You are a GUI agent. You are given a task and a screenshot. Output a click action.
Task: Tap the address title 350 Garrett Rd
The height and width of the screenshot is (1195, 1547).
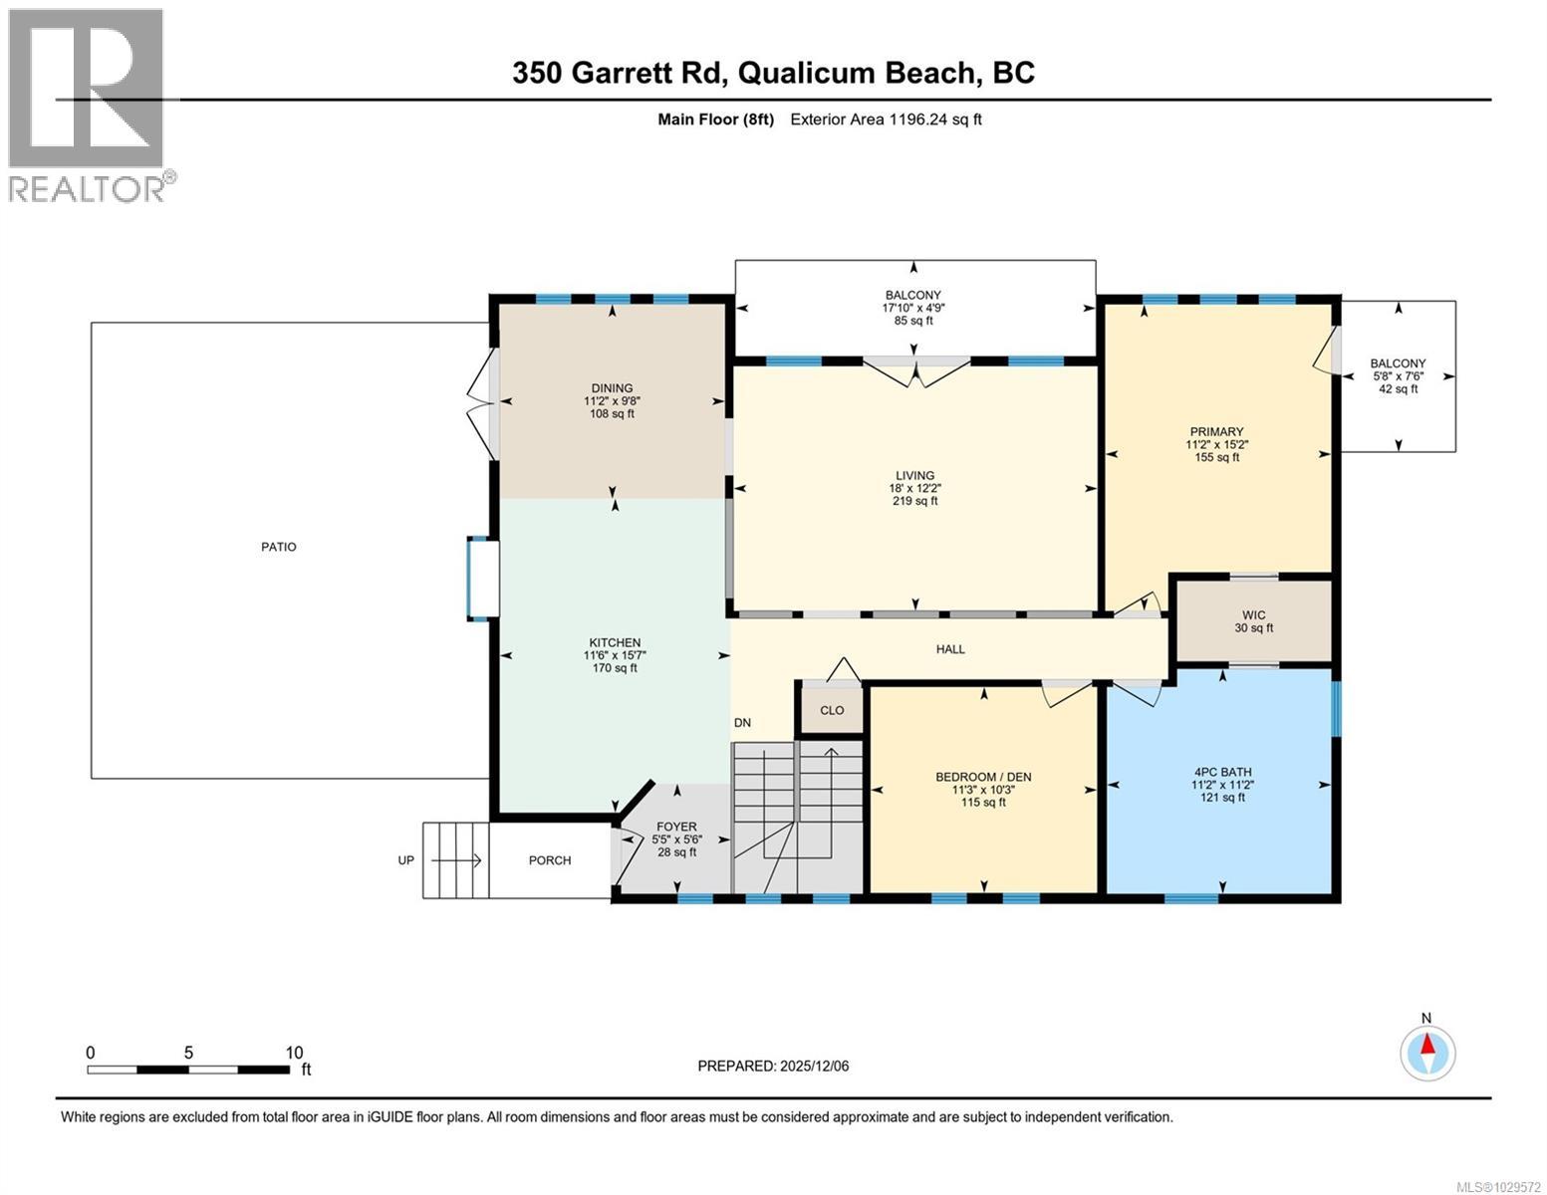773,73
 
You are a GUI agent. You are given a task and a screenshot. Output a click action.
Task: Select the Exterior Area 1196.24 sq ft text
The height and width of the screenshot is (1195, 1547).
886,119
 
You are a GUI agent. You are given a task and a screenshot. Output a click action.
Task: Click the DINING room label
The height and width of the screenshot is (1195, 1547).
612,388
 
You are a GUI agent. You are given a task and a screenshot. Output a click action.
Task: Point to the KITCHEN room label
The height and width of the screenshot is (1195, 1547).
615,643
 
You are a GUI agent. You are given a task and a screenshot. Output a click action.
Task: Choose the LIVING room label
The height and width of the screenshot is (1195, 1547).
914,476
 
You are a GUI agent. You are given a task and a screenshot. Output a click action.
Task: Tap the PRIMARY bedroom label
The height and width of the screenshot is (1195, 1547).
1216,432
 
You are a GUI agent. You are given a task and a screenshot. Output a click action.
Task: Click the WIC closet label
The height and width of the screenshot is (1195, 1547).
1253,615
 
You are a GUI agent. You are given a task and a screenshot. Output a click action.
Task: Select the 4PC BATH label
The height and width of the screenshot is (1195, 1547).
1222,772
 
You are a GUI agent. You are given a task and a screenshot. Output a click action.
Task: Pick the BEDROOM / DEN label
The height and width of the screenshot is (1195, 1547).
983,777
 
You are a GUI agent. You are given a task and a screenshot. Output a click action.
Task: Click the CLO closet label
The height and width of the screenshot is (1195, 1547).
832,710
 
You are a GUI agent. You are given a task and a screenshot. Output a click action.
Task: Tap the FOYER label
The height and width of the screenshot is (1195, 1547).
676,827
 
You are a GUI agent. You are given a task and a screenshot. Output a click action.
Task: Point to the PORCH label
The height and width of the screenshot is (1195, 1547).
550,860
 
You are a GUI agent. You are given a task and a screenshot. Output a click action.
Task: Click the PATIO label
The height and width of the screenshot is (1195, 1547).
279,547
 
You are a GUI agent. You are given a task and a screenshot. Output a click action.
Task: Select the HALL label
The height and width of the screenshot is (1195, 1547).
950,649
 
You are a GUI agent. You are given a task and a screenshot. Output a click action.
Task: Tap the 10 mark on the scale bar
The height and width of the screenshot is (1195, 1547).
294,1053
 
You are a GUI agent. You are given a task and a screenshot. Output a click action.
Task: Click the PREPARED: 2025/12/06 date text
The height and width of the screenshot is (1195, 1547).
773,1066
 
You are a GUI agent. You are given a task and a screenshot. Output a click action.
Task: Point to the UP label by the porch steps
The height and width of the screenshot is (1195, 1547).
406,860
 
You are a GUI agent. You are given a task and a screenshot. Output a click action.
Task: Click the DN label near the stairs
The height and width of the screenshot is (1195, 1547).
742,723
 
